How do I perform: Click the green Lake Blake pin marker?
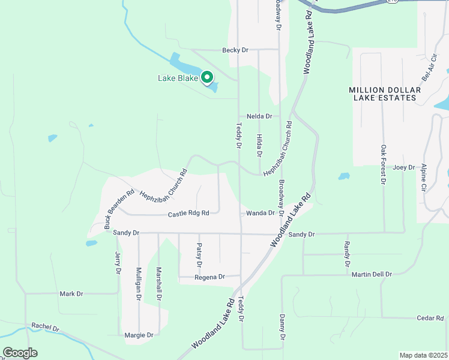[x=207, y=77]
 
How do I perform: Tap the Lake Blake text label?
[x=178, y=78]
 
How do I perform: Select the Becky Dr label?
[x=235, y=50]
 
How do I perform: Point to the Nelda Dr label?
[x=259, y=116]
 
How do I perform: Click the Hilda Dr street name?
[x=259, y=145]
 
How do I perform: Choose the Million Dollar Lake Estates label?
[x=385, y=94]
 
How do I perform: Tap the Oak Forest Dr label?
[x=383, y=163]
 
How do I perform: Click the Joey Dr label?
[x=404, y=167]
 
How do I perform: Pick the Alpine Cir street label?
[x=424, y=177]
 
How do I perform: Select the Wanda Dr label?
[x=260, y=213]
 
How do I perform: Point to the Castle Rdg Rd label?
[x=188, y=213]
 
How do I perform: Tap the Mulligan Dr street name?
[x=139, y=283]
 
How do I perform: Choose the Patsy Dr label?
[x=199, y=254]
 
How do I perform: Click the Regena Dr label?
[x=209, y=277]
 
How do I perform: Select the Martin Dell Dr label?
[x=372, y=274]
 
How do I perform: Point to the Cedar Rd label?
[x=430, y=318]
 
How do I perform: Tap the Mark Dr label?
[x=71, y=294]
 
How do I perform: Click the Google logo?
[x=20, y=353]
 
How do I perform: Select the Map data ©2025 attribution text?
[x=423, y=355]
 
